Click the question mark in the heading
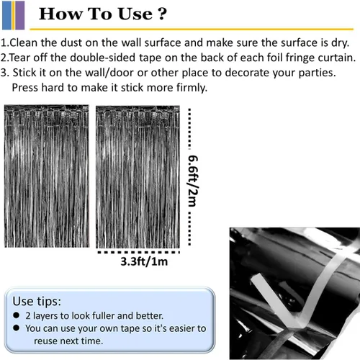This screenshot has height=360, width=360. click(x=162, y=14)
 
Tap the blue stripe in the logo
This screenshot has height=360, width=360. click(x=6, y=15)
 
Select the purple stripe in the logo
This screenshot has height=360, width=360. click(x=20, y=15)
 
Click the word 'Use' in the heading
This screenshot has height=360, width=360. click(x=135, y=14)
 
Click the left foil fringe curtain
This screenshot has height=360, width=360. click(x=47, y=176)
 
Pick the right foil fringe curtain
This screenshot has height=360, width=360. click(x=138, y=177)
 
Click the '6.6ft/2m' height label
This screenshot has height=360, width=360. click(x=193, y=181)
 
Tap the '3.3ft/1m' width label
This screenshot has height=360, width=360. click(x=144, y=261)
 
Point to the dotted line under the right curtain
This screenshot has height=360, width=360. click(x=138, y=252)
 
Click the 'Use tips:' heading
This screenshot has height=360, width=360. click(x=37, y=301)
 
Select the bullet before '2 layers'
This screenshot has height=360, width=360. click(x=17, y=315)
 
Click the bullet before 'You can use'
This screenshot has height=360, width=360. click(x=17, y=328)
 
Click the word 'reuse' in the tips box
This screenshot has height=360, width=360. click(x=45, y=341)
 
